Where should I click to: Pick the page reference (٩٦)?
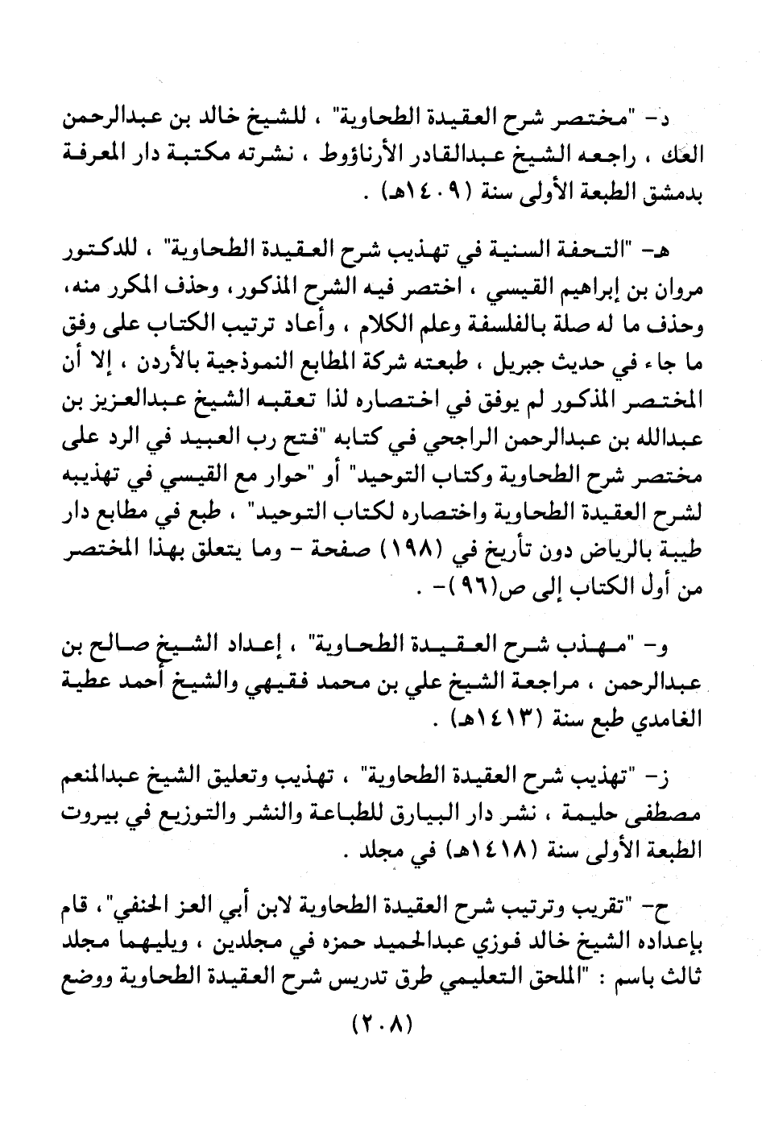coord(468,588)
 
